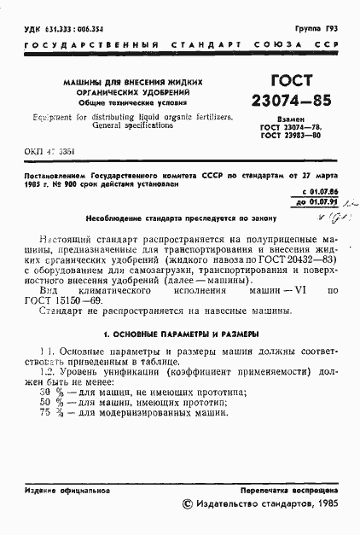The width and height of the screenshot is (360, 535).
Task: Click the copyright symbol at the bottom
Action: click(189, 504)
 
